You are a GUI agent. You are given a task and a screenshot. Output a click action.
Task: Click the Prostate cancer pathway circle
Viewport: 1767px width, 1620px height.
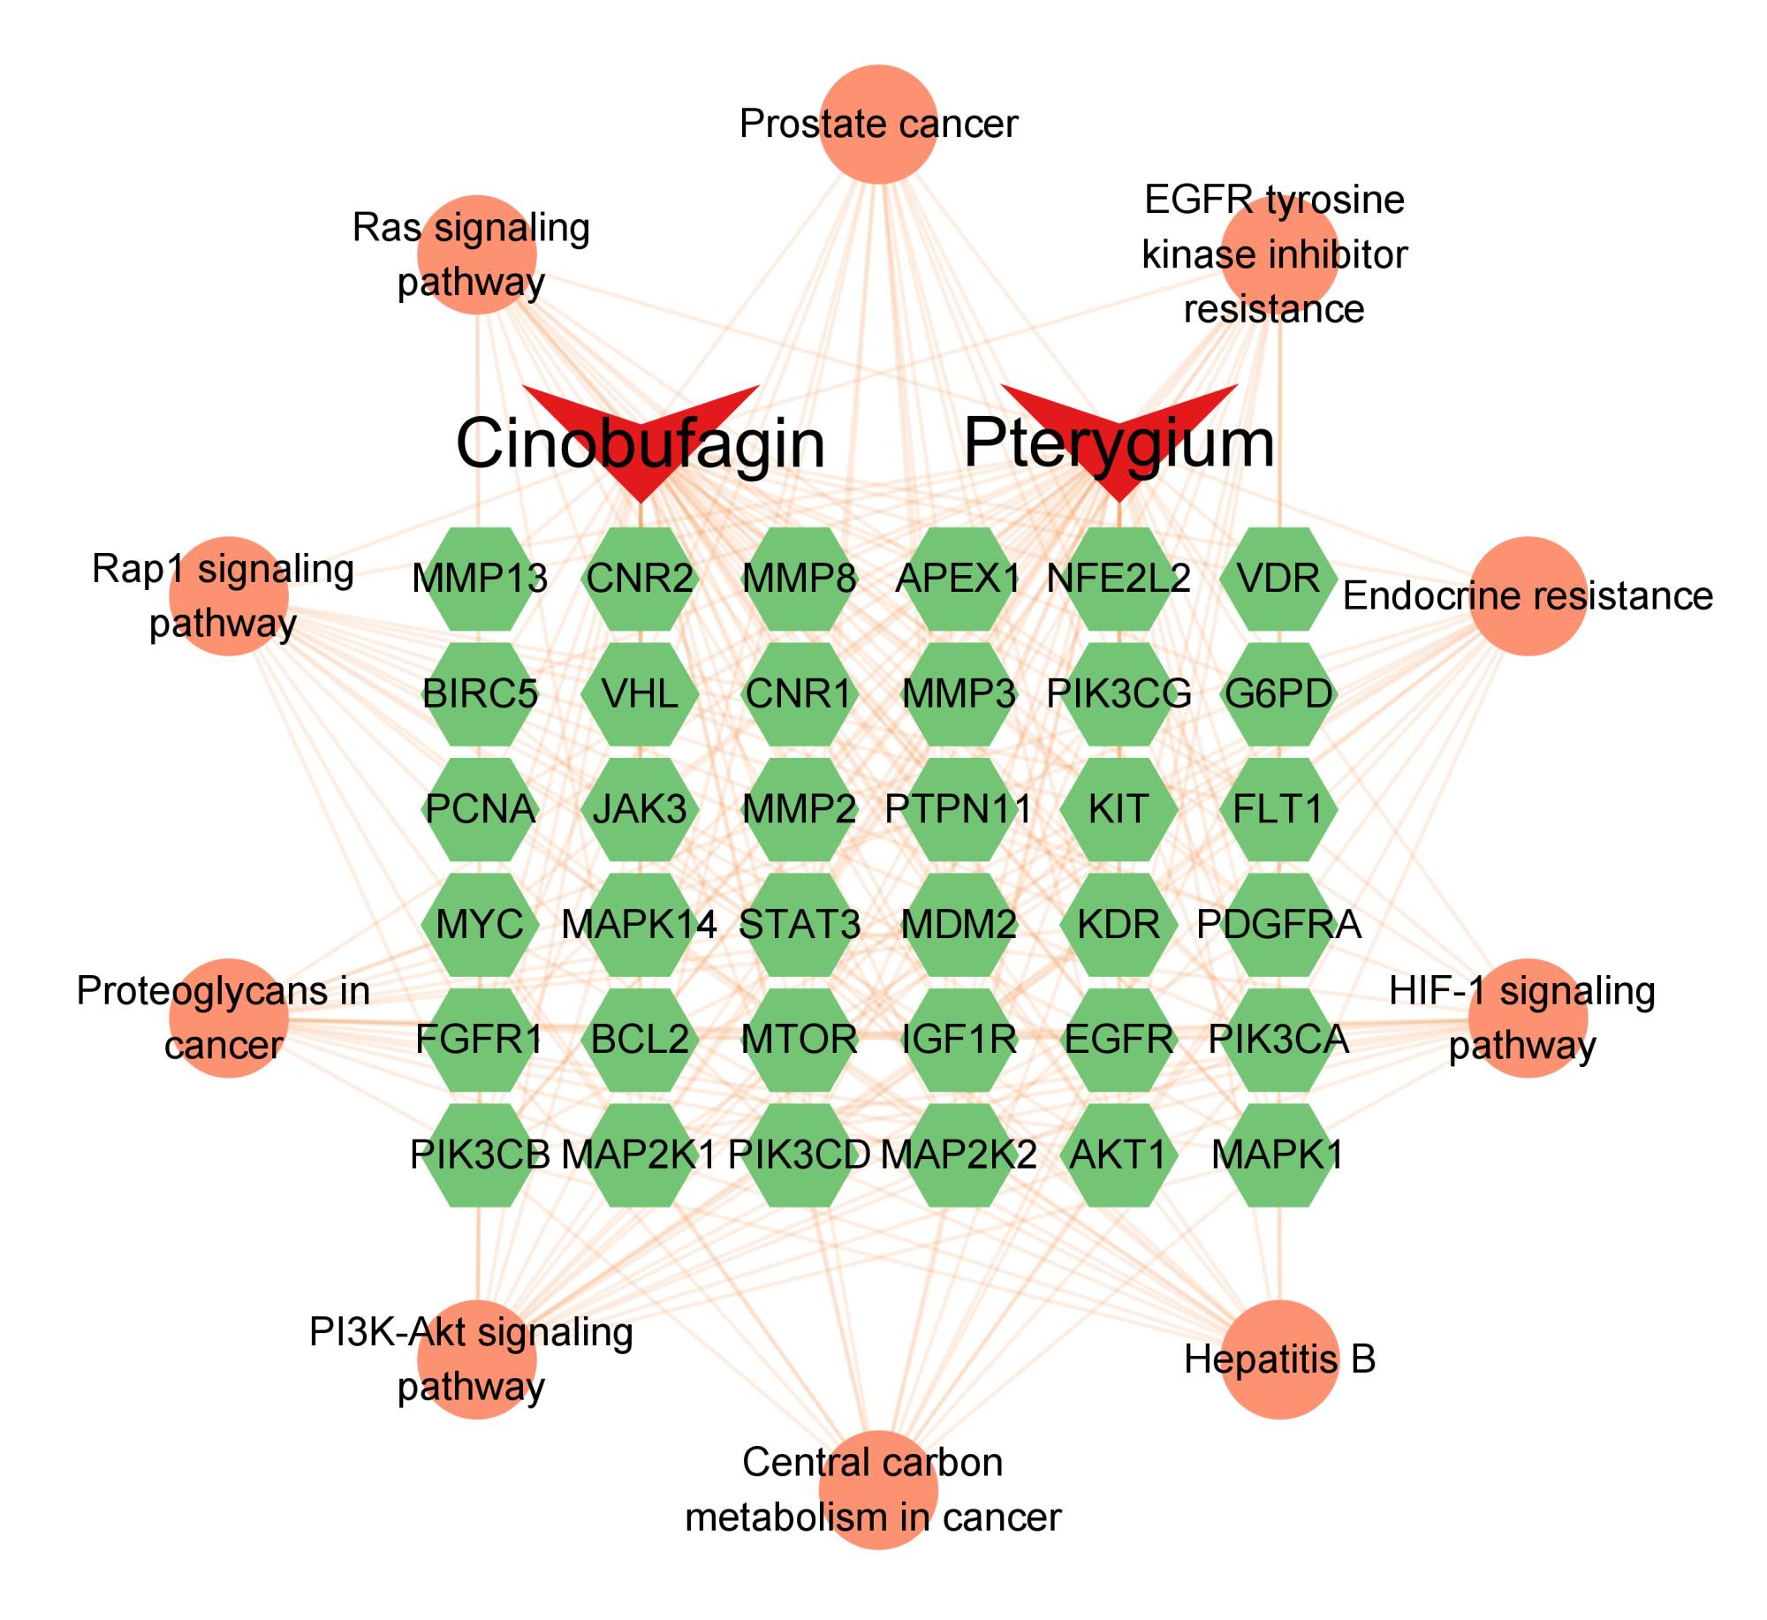click(x=878, y=125)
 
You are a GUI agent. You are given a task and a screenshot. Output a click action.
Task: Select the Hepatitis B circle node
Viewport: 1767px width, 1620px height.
click(x=1279, y=1359)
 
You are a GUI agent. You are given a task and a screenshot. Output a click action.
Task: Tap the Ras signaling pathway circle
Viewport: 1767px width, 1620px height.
click(x=477, y=255)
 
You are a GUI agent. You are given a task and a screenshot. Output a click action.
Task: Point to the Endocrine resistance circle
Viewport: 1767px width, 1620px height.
click(x=1528, y=596)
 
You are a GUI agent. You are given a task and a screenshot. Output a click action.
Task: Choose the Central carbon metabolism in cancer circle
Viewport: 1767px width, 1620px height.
click(x=878, y=1489)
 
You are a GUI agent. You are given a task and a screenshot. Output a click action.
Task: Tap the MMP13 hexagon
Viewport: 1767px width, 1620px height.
click(x=480, y=579)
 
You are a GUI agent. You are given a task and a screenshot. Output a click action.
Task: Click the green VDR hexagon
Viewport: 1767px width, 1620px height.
click(x=1278, y=579)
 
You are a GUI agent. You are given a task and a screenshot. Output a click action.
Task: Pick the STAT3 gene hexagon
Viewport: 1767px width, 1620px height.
click(x=799, y=924)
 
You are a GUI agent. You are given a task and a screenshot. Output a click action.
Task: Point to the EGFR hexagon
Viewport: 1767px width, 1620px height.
click(x=1119, y=1039)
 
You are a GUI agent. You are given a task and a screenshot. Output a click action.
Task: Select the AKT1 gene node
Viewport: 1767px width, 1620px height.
click(x=1119, y=1154)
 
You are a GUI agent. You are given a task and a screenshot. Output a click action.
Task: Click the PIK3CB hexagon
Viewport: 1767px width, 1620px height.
click(x=480, y=1154)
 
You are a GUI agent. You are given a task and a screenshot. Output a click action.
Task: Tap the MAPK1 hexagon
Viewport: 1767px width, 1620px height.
click(x=1278, y=1154)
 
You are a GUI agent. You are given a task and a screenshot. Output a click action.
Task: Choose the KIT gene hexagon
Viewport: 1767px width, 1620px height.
click(x=1119, y=809)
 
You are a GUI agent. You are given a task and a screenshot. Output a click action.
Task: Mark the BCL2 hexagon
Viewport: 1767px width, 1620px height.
click(x=640, y=1039)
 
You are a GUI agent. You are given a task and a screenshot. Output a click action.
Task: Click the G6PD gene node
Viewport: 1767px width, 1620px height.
click(x=1278, y=693)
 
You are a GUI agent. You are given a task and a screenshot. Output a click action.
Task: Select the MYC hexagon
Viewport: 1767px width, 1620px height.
click(x=480, y=924)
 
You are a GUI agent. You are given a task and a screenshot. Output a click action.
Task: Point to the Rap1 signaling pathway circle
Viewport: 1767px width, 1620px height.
click(x=229, y=596)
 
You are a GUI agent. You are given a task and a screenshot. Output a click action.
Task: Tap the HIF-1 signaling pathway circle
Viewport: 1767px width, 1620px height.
click(x=1528, y=1018)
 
